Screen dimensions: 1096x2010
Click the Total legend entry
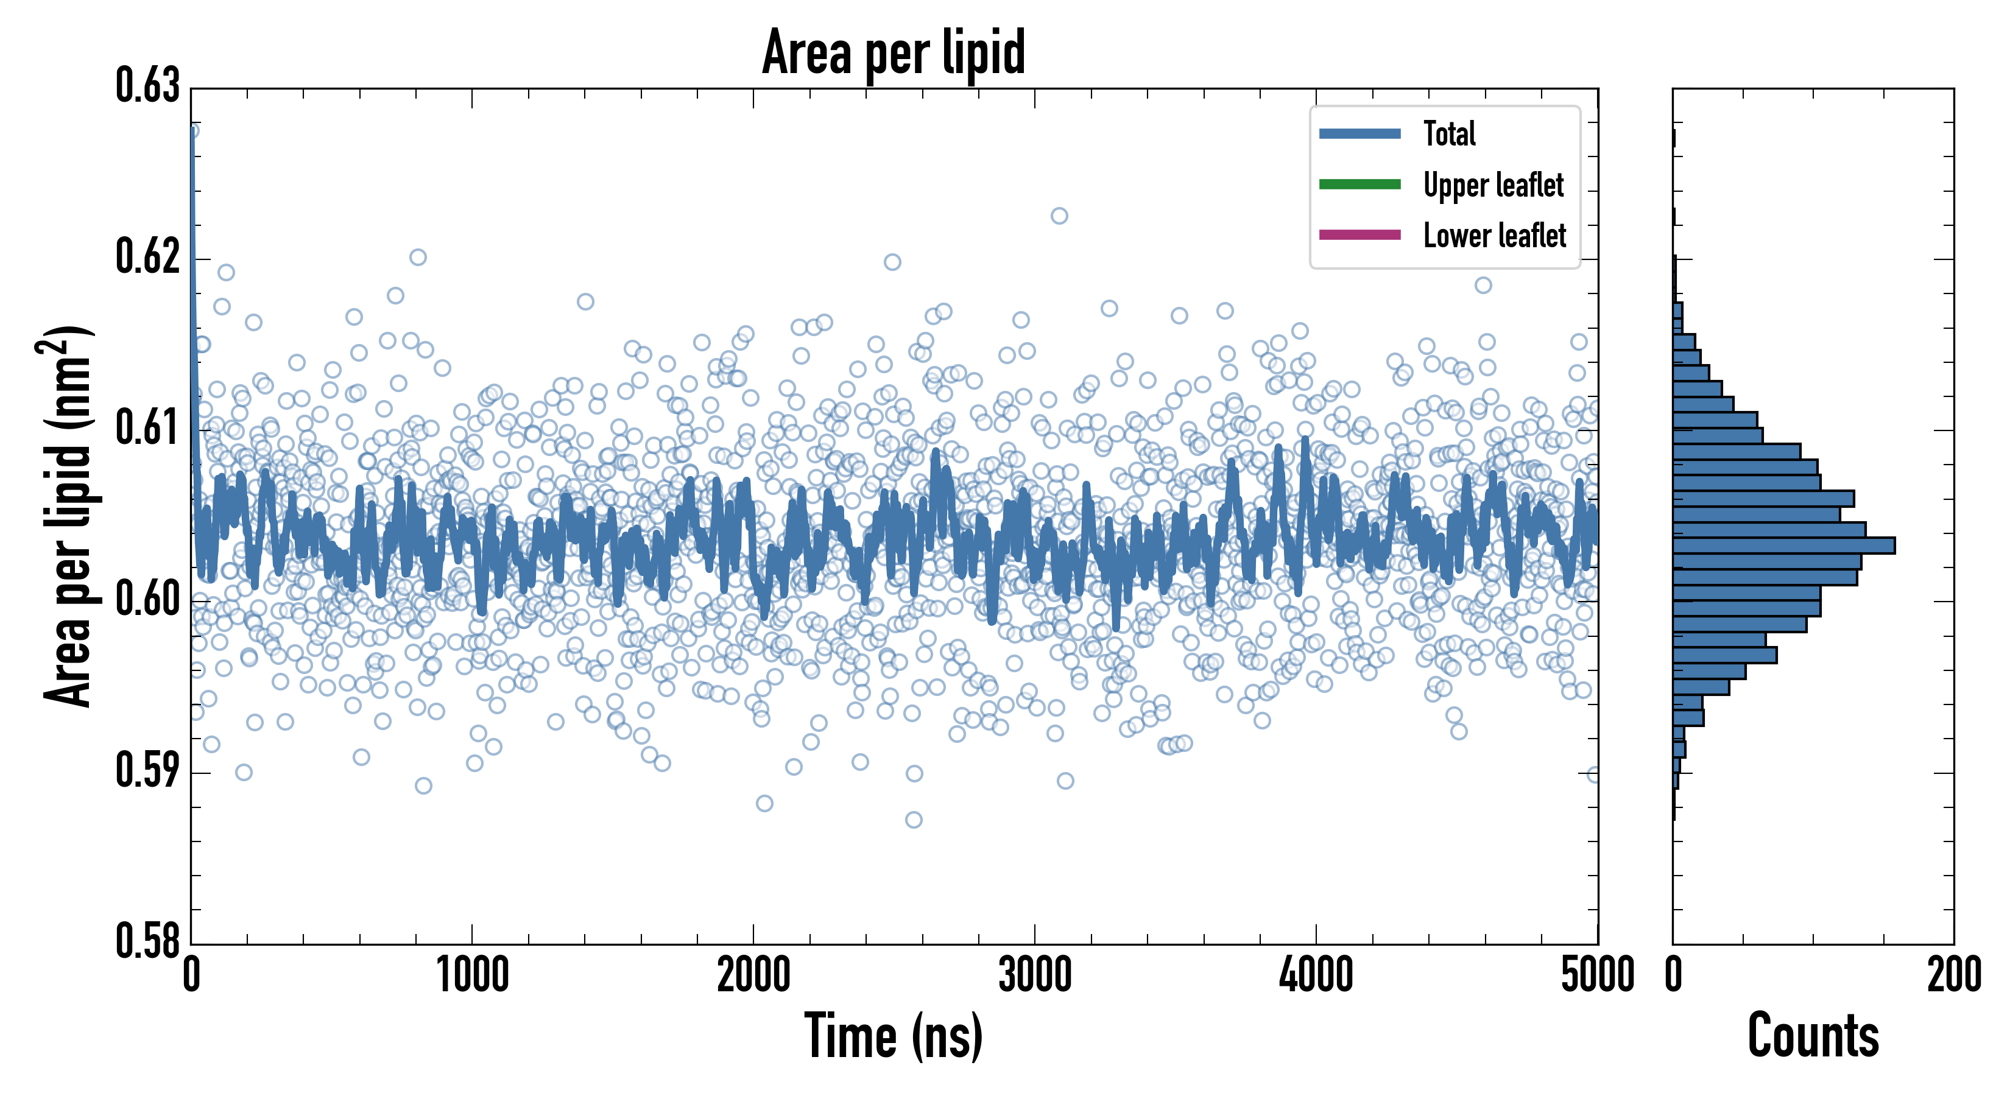click(1449, 133)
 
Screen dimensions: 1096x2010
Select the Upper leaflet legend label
click(1493, 185)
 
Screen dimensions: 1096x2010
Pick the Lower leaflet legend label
click(1494, 236)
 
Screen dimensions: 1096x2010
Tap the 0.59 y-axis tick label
click(147, 771)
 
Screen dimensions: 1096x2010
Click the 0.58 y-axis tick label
click(147, 941)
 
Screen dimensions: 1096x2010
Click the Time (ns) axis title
click(894, 1037)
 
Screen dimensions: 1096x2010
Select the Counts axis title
click(1813, 1037)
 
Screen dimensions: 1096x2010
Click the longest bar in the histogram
click(1783, 546)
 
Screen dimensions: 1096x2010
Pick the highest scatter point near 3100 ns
click(1059, 216)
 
